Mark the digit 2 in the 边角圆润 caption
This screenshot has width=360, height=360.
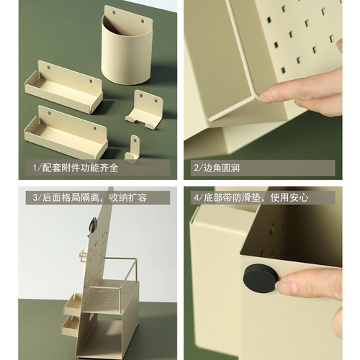point(195,168)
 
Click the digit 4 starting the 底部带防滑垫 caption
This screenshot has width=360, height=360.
point(195,197)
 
